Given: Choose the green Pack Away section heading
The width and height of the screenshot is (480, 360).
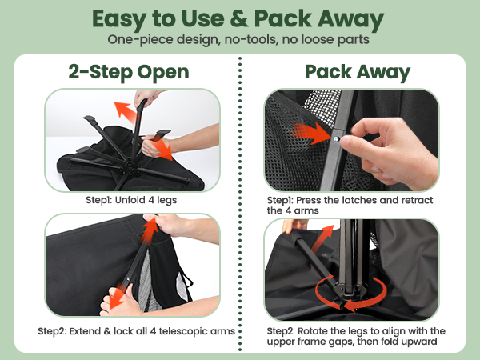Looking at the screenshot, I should pyautogui.click(x=357, y=72).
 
